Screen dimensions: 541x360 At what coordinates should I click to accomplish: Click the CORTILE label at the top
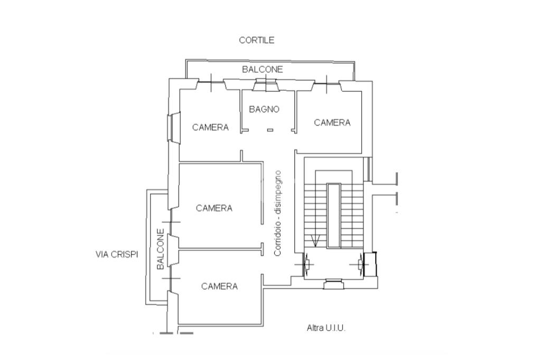(x=257, y=40)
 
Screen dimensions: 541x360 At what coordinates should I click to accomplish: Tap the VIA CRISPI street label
(x=117, y=254)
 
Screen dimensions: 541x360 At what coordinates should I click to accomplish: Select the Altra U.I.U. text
(x=326, y=328)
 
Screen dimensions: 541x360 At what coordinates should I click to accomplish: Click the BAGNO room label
(x=264, y=109)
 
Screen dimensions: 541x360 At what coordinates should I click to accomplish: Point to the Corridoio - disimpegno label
(x=278, y=213)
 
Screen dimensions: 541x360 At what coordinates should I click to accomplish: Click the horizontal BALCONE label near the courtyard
(x=262, y=69)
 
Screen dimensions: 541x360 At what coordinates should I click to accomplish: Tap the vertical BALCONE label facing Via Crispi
(x=161, y=249)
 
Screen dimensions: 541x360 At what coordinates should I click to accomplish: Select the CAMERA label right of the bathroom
(x=332, y=122)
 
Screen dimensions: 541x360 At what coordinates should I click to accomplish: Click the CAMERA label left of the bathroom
(x=210, y=127)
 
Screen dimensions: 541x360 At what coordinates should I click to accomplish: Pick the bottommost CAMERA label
(x=219, y=286)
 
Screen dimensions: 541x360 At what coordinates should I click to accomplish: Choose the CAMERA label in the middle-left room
(x=214, y=208)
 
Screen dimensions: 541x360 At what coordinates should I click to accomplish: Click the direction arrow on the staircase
(x=315, y=241)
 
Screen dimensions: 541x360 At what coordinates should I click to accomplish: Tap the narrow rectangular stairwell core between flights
(x=334, y=215)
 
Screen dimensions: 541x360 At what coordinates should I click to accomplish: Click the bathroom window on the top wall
(x=265, y=85)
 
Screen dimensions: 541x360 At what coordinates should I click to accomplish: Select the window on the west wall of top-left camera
(x=173, y=127)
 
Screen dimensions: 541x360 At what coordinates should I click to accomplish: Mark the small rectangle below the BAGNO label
(x=270, y=130)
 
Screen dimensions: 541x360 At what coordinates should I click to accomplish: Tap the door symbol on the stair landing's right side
(x=360, y=264)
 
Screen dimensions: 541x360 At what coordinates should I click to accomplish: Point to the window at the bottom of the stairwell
(x=333, y=283)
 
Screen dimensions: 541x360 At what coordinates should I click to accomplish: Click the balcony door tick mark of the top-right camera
(x=327, y=84)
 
